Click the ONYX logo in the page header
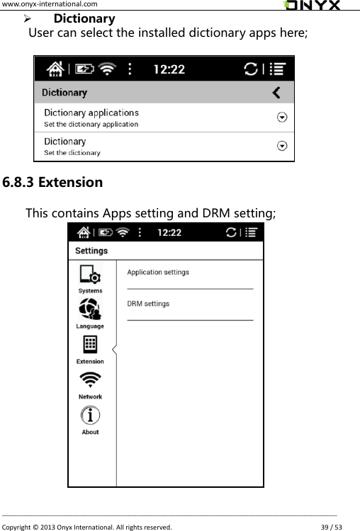click(x=312, y=6)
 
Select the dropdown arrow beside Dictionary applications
click(x=282, y=118)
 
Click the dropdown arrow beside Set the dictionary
click(x=282, y=146)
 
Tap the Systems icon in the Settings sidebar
click(x=90, y=275)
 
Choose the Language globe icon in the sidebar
click(x=90, y=309)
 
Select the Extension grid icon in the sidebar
click(x=90, y=345)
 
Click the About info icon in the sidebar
click(x=90, y=416)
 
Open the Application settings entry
click(x=158, y=272)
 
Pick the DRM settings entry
click(x=148, y=304)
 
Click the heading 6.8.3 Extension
click(x=52, y=182)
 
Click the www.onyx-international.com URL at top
click(x=46, y=5)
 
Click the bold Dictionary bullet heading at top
click(x=84, y=18)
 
